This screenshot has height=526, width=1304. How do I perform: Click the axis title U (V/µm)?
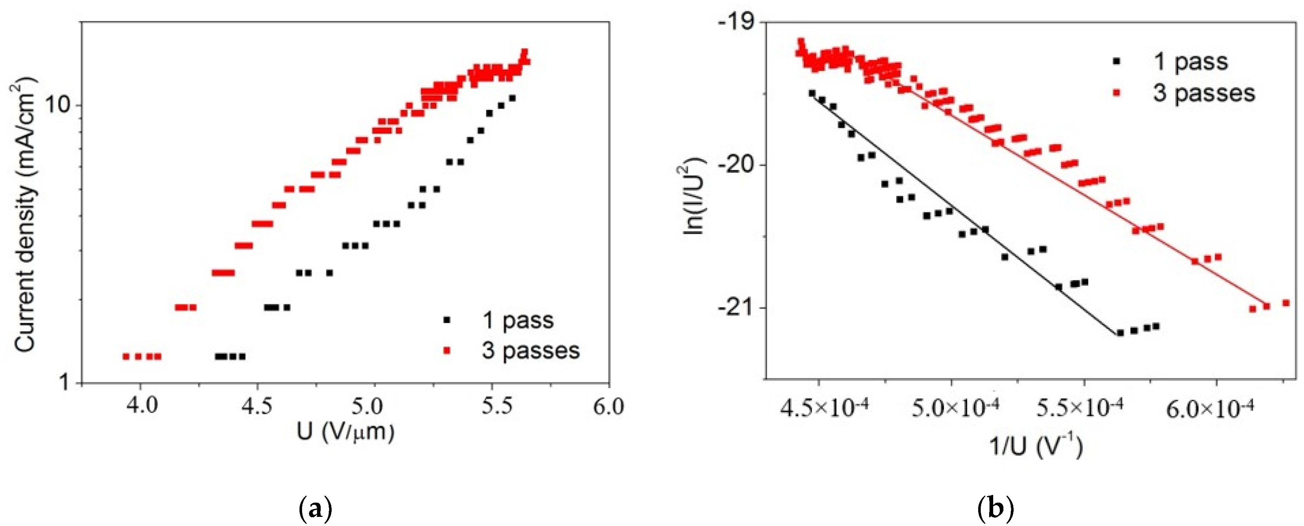click(345, 432)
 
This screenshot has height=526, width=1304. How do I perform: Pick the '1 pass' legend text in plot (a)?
click(518, 320)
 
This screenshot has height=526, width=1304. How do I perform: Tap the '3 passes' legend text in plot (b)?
click(1204, 93)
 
